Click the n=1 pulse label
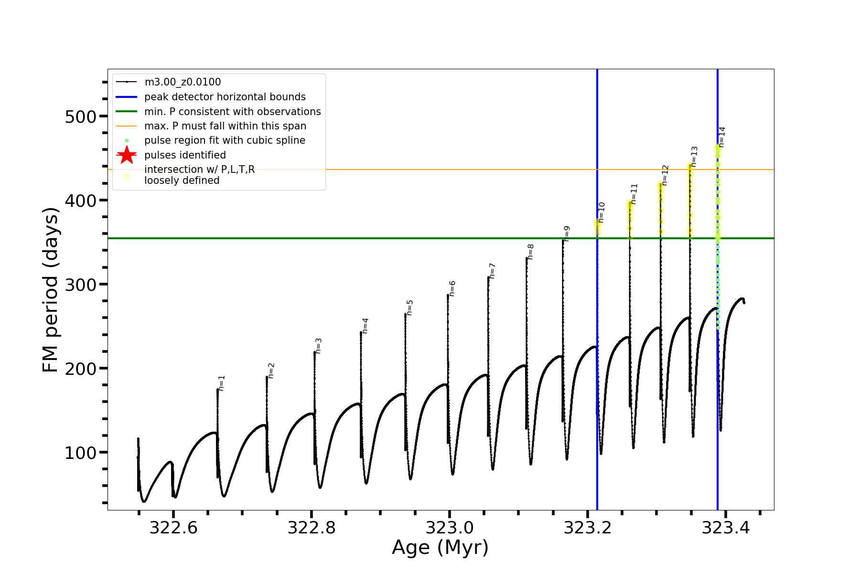click(222, 383)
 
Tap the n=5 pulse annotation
click(410, 308)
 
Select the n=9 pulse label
click(567, 233)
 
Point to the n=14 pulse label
click(722, 137)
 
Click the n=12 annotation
click(665, 175)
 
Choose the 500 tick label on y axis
click(80, 117)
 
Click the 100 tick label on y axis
click(80, 453)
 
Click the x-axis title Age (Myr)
click(440, 548)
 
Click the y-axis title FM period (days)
click(51, 290)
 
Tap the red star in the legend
click(127, 155)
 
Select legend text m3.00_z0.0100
click(183, 82)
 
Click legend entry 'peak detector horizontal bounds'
click(225, 97)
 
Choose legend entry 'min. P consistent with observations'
click(232, 112)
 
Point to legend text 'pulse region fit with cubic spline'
click(225, 140)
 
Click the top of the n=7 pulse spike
click(488, 277)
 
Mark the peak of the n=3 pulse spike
click(314, 352)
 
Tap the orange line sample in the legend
click(127, 126)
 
